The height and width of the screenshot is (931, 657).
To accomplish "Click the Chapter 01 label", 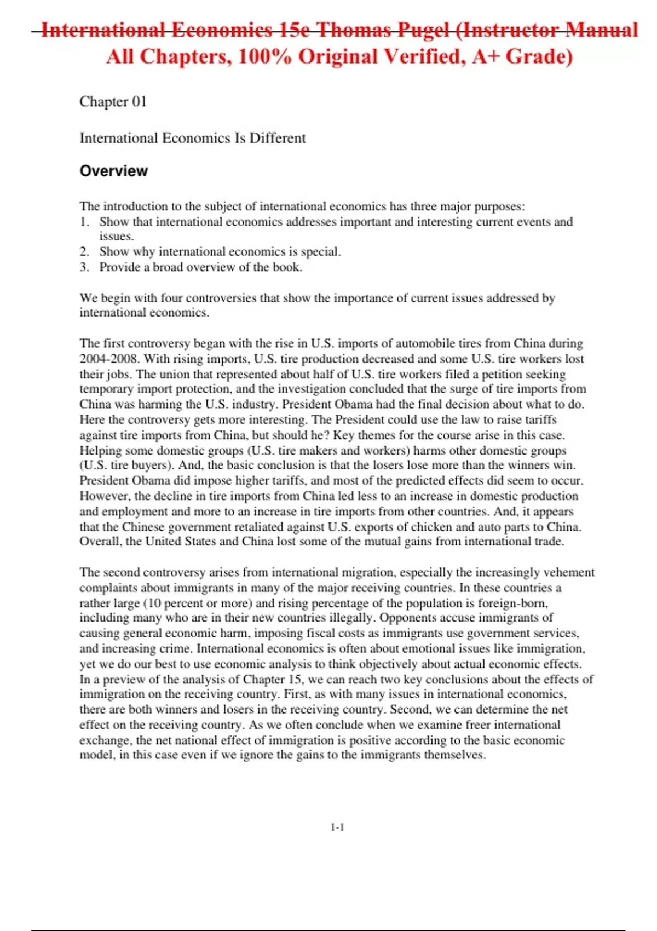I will (x=113, y=102).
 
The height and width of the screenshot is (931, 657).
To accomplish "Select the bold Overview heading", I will (x=114, y=171).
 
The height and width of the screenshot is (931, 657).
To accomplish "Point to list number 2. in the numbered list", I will (x=84, y=252).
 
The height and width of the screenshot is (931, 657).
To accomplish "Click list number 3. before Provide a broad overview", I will (x=84, y=267).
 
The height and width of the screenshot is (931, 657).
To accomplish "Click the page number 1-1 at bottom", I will (x=337, y=827).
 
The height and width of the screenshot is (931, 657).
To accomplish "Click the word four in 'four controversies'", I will (x=171, y=298).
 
